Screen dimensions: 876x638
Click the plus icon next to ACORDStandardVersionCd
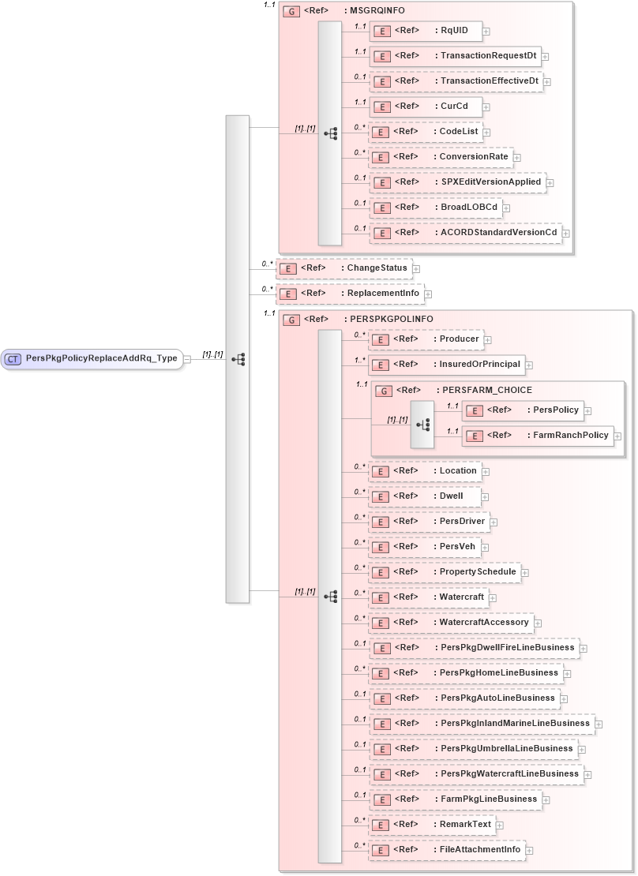point(565,234)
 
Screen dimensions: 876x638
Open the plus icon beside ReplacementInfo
point(428,294)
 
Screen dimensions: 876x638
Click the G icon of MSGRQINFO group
point(291,13)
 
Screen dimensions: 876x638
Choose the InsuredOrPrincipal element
point(446,365)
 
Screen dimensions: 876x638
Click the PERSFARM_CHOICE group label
point(486,390)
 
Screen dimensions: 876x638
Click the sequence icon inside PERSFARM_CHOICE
point(422,424)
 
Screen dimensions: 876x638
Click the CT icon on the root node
point(13,359)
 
